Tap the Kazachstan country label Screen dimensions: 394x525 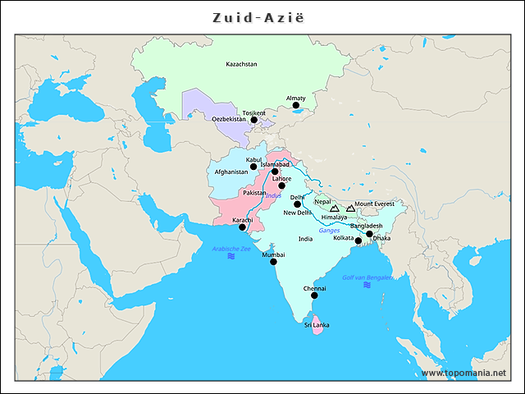(x=241, y=64)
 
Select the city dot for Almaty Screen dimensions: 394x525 (x=296, y=106)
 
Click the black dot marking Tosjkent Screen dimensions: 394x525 (x=253, y=120)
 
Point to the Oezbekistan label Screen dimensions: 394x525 (x=229, y=119)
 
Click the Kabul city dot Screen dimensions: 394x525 (x=253, y=167)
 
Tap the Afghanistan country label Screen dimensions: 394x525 (x=231, y=172)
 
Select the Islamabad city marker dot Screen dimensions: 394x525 (x=275, y=172)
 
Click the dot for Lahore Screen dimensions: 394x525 (x=281, y=186)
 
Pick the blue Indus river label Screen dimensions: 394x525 (x=273, y=195)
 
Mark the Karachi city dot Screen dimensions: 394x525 (x=242, y=227)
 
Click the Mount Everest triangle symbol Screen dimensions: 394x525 (x=350, y=208)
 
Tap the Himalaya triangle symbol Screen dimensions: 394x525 (x=334, y=208)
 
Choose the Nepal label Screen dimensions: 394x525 (x=322, y=201)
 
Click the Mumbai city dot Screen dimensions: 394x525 (x=273, y=262)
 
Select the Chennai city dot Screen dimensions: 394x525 (x=314, y=295)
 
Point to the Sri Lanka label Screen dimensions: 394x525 (x=316, y=326)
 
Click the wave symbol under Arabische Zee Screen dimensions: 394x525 (x=231, y=257)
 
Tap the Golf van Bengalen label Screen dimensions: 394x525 (x=367, y=277)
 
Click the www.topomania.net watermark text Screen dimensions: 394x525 (x=463, y=373)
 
